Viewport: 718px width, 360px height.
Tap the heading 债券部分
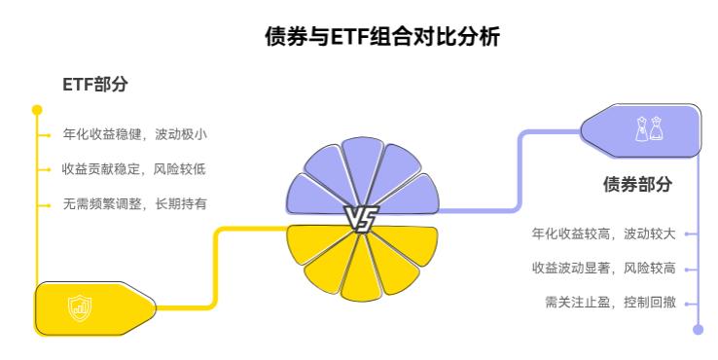click(x=637, y=184)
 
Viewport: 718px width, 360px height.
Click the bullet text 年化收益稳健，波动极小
click(x=134, y=134)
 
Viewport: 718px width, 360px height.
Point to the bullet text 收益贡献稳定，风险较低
click(x=134, y=168)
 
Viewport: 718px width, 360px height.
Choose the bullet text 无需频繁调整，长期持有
click(x=134, y=203)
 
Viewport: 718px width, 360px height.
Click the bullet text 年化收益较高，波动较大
click(x=603, y=234)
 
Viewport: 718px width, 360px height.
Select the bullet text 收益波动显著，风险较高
click(x=603, y=268)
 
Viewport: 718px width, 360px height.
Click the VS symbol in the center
click(x=362, y=220)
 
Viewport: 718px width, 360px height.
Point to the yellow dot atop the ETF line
click(x=37, y=110)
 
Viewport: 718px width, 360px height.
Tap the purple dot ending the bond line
click(x=697, y=330)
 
